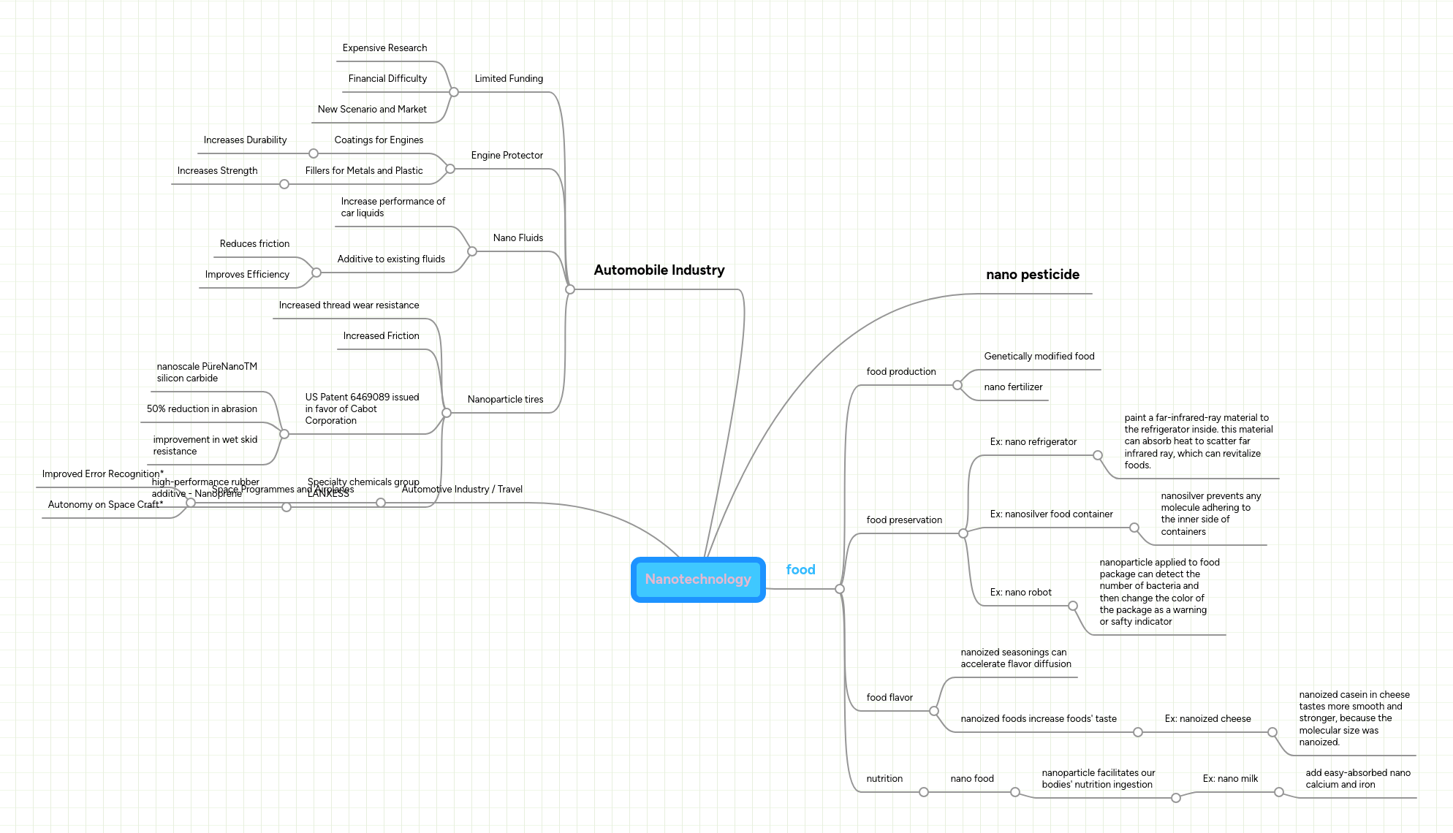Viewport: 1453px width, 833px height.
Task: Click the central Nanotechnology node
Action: [698, 579]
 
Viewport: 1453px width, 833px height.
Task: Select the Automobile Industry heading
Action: [659, 270]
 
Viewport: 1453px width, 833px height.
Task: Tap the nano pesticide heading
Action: [1032, 275]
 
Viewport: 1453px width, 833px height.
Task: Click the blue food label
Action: [800, 570]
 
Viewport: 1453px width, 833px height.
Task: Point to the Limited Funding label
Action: [509, 79]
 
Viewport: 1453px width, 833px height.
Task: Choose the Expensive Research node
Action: [384, 48]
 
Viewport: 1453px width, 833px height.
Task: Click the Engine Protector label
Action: [507, 156]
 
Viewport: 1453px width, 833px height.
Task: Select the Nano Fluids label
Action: [517, 238]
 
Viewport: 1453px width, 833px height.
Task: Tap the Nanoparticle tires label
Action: [505, 400]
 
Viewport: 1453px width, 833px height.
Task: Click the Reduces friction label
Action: [254, 244]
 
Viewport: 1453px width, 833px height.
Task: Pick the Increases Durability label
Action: [245, 140]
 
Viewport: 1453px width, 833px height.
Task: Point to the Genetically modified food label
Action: [1039, 357]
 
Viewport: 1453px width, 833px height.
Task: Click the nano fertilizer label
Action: [1013, 387]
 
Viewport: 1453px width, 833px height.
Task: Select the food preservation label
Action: [904, 520]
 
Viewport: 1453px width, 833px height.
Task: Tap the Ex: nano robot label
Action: [1020, 593]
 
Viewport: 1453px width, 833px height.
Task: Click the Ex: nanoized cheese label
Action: [1207, 719]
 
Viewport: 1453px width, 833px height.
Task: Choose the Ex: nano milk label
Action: [1230, 779]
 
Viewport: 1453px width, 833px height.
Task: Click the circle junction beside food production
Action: [957, 385]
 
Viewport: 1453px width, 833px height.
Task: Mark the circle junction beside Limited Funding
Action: [454, 92]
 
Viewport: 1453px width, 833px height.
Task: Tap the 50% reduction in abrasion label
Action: [202, 409]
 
